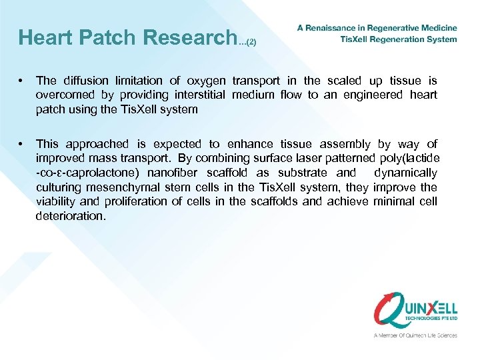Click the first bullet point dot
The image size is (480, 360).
22,81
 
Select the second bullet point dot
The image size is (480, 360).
22,143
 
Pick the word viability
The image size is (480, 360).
55,201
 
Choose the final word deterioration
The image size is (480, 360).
70,215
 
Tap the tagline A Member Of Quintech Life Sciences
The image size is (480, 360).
415,335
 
